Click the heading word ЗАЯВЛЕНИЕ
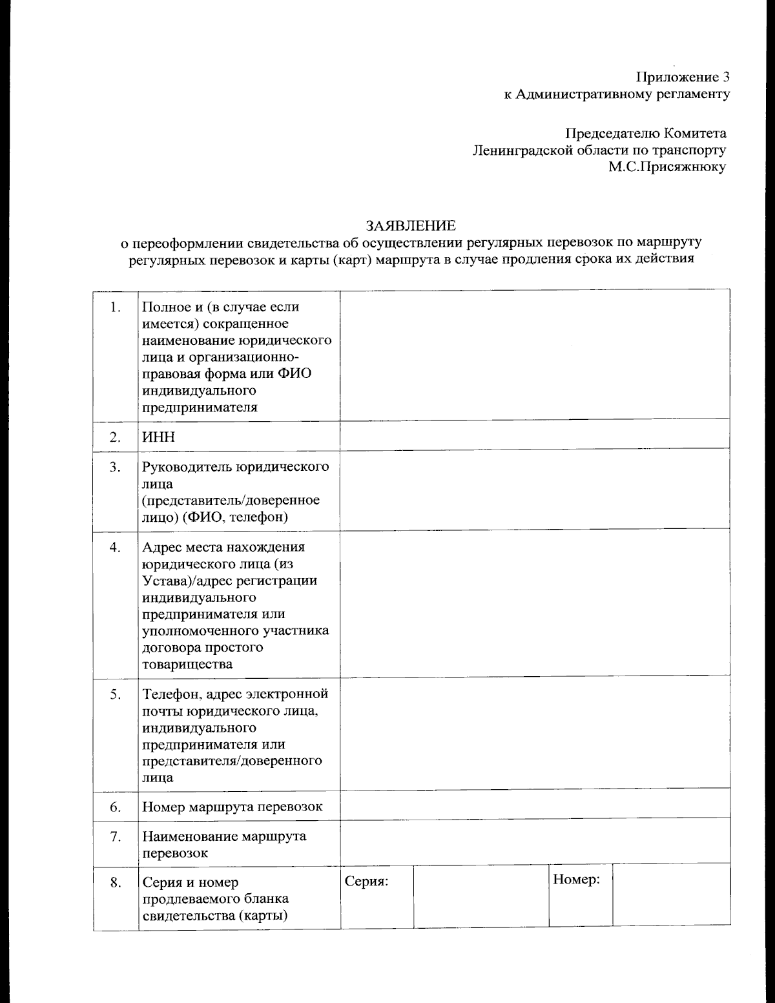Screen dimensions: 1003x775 pyautogui.click(x=411, y=225)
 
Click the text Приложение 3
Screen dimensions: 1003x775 pyautogui.click(x=683, y=78)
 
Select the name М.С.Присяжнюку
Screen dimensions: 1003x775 pyautogui.click(x=666, y=167)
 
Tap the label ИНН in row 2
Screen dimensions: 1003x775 pyautogui.click(x=159, y=437)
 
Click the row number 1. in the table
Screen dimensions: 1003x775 pyautogui.click(x=116, y=307)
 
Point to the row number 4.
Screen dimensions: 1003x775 pyautogui.click(x=116, y=547)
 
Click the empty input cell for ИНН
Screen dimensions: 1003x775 pyautogui.click(x=535, y=435)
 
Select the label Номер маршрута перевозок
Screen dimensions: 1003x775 pyautogui.click(x=232, y=807)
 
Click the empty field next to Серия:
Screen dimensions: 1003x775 pyautogui.click(x=480, y=896)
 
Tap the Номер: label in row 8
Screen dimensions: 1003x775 pyautogui.click(x=577, y=880)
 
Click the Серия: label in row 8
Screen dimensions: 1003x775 pyautogui.click(x=366, y=882)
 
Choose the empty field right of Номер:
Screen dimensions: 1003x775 pyautogui.click(x=671, y=896)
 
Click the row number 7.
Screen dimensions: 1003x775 pyautogui.click(x=116, y=836)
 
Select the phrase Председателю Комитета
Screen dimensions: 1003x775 pyautogui.click(x=646, y=134)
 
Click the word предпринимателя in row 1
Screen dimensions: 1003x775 pyautogui.click(x=200, y=408)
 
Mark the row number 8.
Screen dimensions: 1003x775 pyautogui.click(x=116, y=883)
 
